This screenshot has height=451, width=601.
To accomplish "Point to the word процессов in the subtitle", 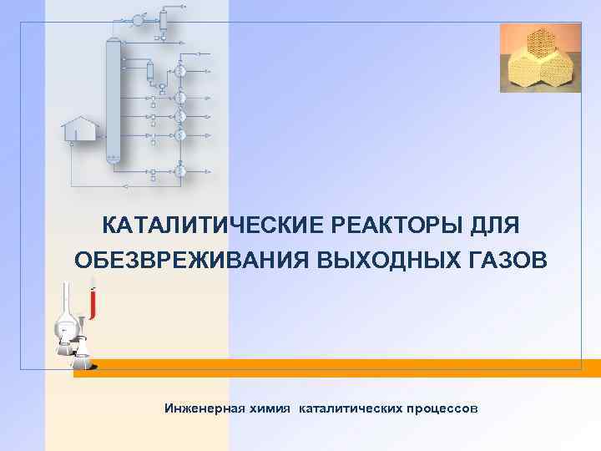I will tap(441, 408).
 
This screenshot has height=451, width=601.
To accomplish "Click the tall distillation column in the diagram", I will tap(113, 100).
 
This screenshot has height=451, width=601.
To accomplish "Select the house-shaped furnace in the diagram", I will tap(79, 128).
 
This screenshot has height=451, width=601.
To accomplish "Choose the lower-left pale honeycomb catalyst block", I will tap(522, 72).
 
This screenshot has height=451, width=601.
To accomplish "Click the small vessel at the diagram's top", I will tap(164, 18).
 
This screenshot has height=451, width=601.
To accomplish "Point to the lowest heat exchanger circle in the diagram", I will tap(180, 170).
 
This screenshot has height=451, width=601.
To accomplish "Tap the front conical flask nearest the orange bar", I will tap(82, 360).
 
